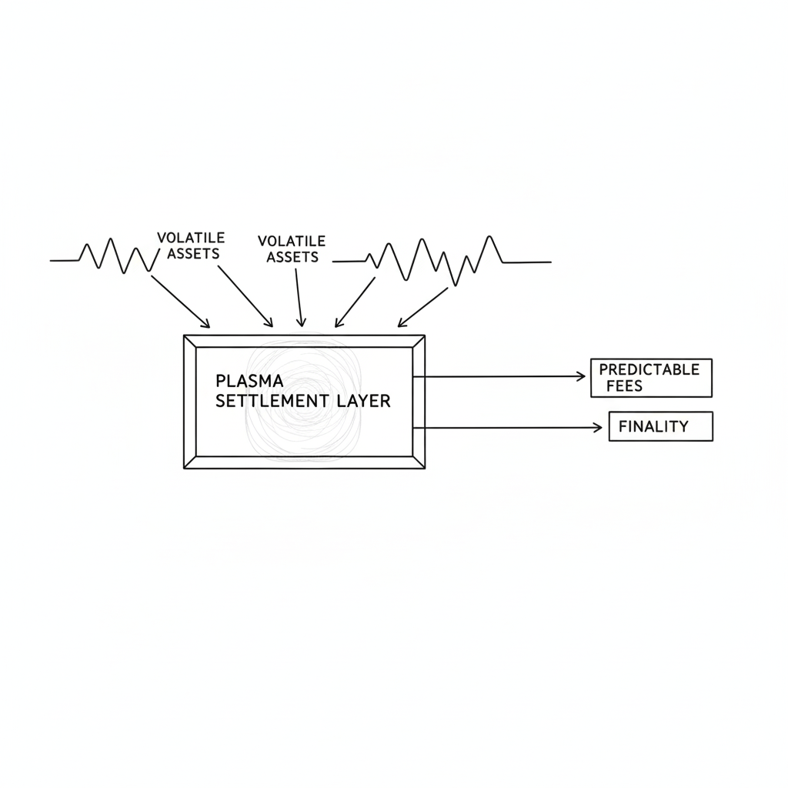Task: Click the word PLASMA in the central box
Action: click(x=250, y=381)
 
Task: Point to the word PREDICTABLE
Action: click(x=649, y=369)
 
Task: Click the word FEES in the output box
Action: click(x=624, y=386)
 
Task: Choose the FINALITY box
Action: click(x=660, y=426)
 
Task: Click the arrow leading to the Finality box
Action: click(x=508, y=427)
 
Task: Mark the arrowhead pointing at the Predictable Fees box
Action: click(x=580, y=376)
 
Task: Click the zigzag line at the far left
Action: click(x=108, y=256)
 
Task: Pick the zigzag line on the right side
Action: click(x=439, y=258)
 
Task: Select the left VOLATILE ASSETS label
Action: click(x=190, y=245)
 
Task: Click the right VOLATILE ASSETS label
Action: click(x=292, y=249)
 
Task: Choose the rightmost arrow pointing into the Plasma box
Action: click(x=422, y=307)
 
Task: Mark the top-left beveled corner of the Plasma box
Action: click(x=190, y=342)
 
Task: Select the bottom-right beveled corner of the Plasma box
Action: click(x=419, y=462)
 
